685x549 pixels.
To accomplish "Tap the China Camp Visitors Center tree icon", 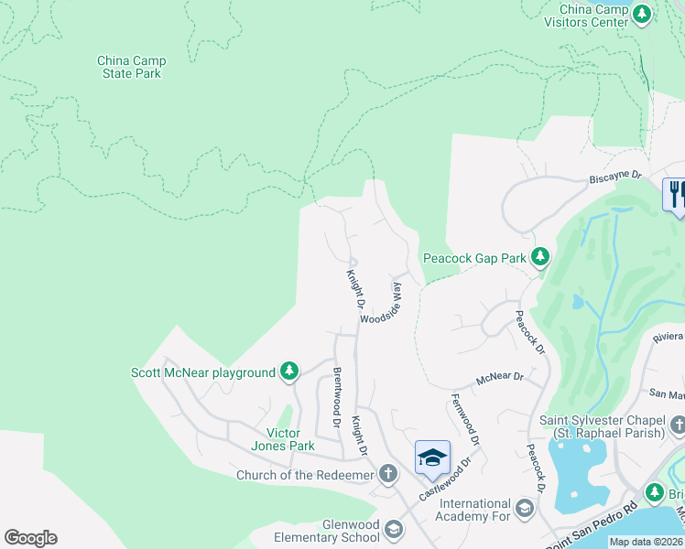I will pos(643,14).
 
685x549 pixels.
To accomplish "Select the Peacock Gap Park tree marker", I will pos(541,258).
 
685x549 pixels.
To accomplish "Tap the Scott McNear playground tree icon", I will pos(289,371).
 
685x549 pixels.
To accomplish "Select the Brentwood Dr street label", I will pos(336,399).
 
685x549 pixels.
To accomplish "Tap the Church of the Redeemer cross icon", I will pos(388,474).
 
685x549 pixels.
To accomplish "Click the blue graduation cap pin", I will pos(432,457).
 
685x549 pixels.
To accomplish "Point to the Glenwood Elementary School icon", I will pos(393,530).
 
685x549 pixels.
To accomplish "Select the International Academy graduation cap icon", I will pos(525,509).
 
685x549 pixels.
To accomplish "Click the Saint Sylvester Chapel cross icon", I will pos(677,425).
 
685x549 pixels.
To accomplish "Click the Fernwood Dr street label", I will pos(464,420).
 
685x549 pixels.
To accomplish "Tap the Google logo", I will pos(30,538).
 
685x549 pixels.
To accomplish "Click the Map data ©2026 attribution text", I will pos(645,542).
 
